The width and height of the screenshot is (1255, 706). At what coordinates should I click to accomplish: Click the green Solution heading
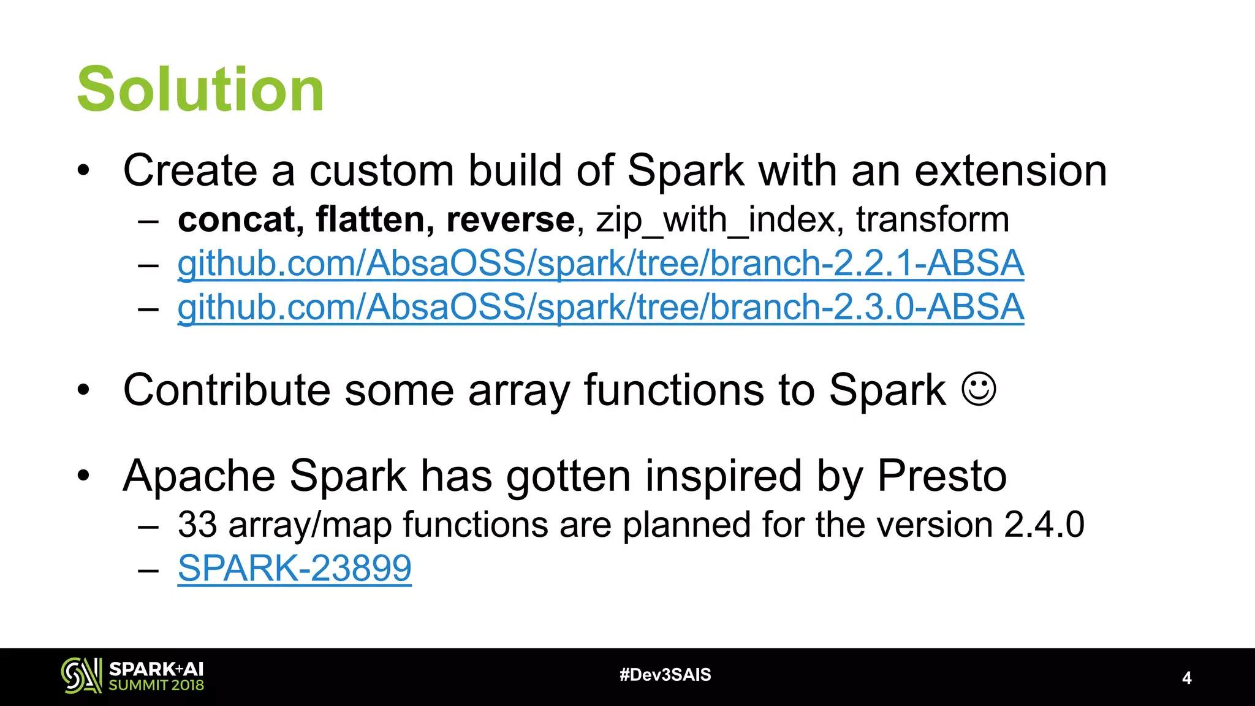click(200, 90)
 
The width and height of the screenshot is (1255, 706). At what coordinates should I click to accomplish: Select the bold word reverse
click(510, 219)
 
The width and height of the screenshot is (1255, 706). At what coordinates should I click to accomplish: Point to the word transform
click(932, 219)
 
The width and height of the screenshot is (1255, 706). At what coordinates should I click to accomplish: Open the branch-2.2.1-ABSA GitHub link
click(601, 264)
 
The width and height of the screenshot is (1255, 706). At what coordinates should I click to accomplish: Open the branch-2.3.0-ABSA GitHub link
click(601, 307)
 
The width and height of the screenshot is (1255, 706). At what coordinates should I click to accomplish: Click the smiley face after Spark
click(979, 389)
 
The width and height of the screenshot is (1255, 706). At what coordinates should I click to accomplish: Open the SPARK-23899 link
click(294, 568)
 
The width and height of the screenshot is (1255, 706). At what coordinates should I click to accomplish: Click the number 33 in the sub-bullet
click(197, 525)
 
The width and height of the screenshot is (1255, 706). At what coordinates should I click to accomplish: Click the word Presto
click(941, 476)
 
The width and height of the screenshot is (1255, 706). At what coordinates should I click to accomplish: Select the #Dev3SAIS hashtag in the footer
click(665, 675)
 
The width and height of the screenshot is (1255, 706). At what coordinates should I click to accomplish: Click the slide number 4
click(1186, 678)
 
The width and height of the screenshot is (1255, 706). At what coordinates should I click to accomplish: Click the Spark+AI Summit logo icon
click(81, 676)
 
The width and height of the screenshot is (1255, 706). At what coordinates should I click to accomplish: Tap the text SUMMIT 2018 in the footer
click(156, 685)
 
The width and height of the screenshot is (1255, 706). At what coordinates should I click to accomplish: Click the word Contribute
click(227, 390)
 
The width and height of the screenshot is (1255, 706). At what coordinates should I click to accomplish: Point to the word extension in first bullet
click(1010, 170)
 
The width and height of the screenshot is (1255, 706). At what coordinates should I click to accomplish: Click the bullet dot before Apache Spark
click(84, 476)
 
